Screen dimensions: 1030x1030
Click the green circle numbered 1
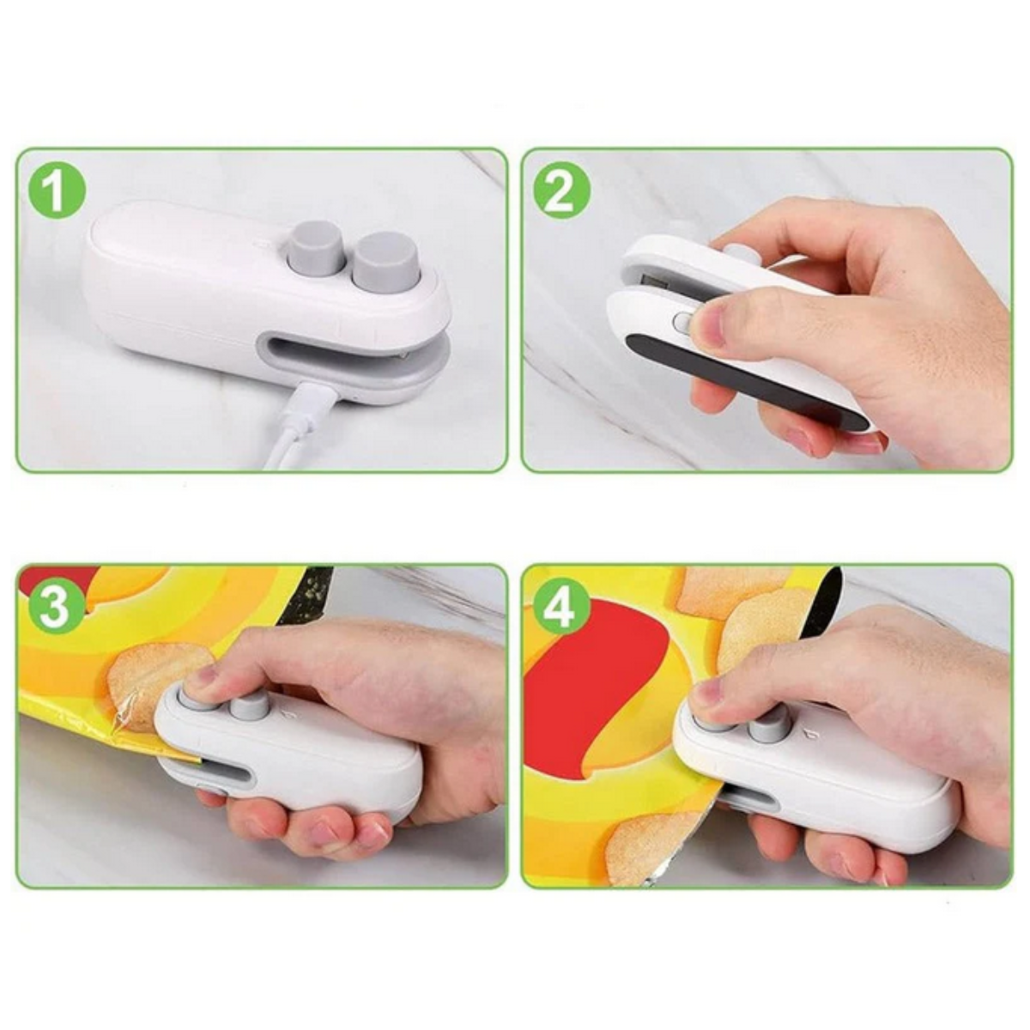pyautogui.click(x=58, y=189)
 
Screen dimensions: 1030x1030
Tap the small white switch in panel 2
pyautogui.click(x=682, y=322)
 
